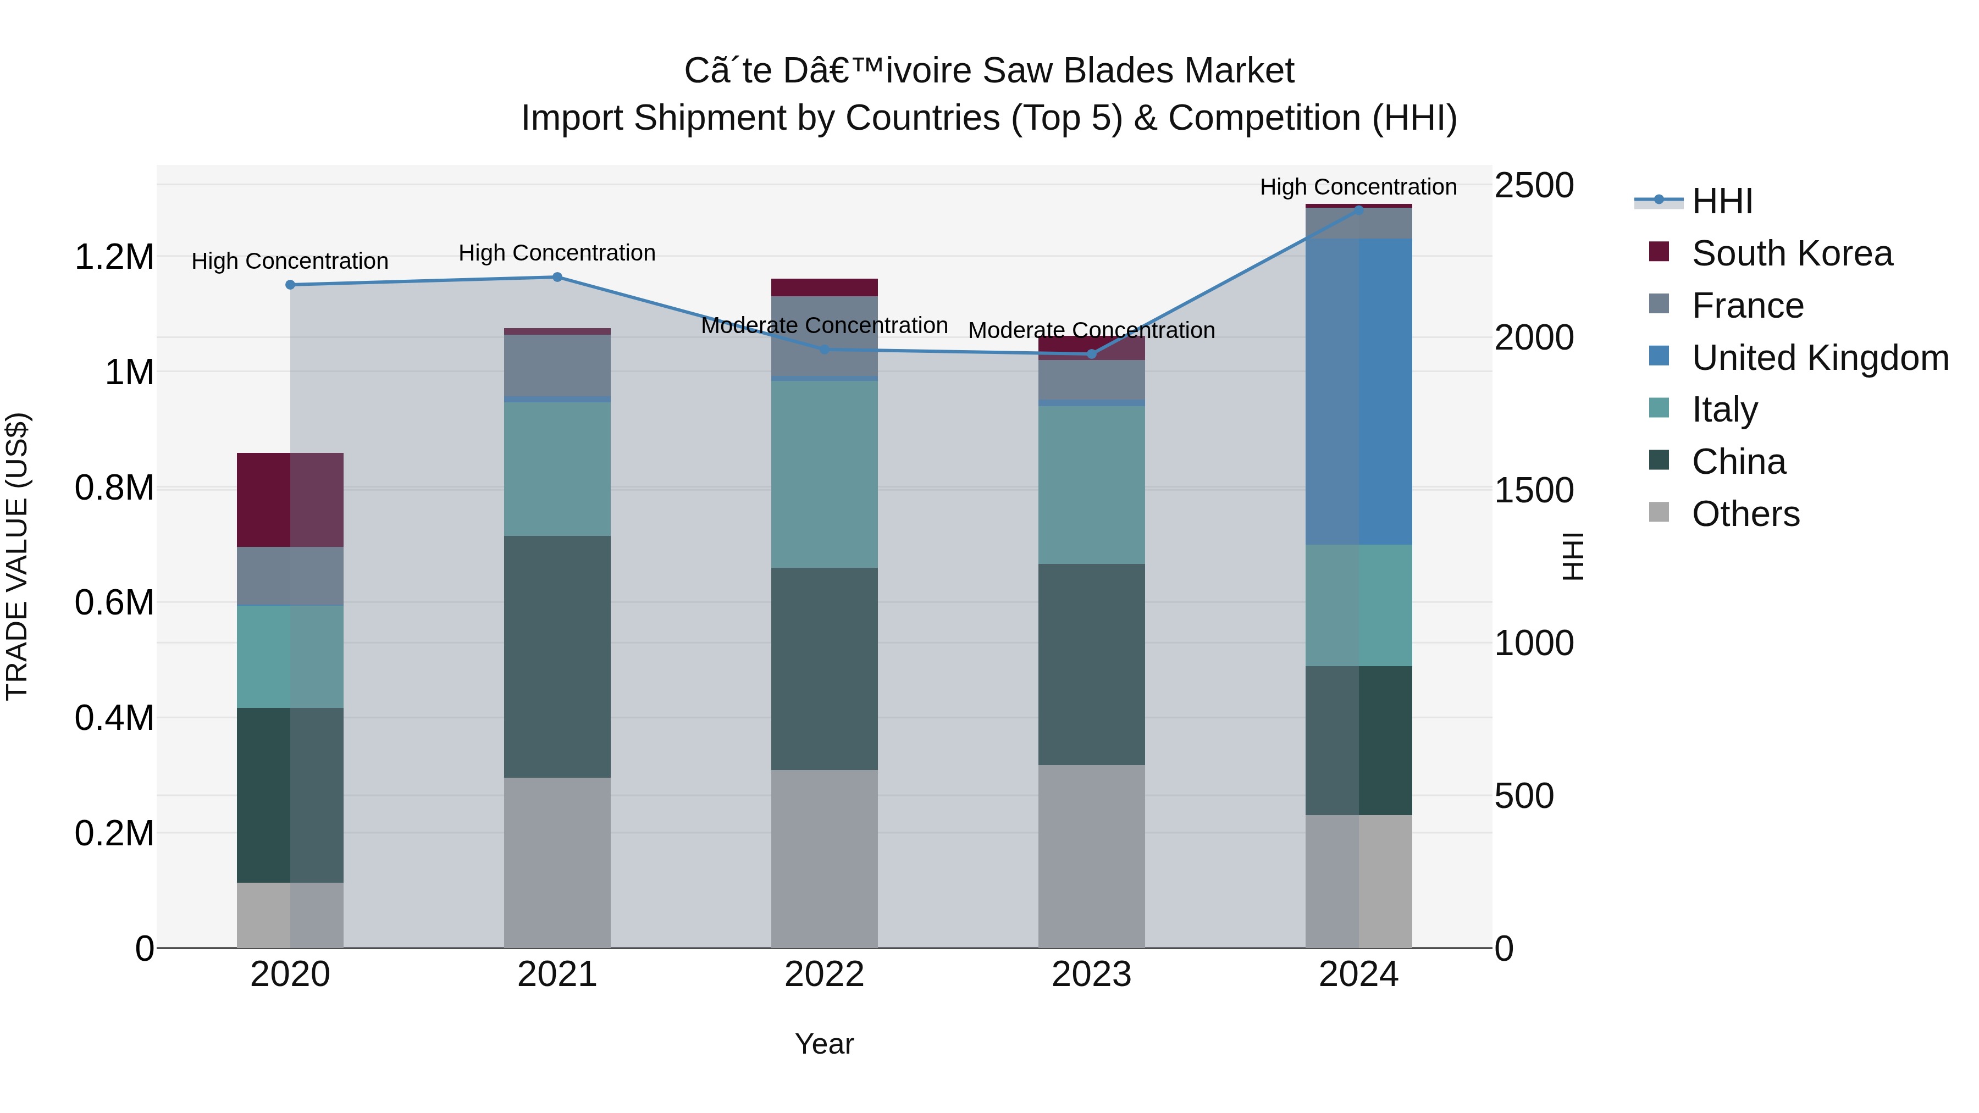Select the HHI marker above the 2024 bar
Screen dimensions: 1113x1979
click(x=1358, y=211)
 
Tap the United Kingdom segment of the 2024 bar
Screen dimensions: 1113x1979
click(x=1358, y=392)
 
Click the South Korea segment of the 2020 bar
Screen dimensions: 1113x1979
click(x=290, y=500)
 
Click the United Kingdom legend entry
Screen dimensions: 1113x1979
click(x=1819, y=358)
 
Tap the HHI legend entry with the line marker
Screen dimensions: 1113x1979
click(x=1721, y=201)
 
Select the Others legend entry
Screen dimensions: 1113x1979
click(x=1745, y=514)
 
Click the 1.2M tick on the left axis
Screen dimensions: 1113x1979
click(x=114, y=257)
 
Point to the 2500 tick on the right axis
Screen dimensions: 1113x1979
click(x=1533, y=186)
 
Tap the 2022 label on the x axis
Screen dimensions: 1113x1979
click(x=825, y=974)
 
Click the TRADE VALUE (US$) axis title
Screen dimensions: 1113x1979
click(x=17, y=556)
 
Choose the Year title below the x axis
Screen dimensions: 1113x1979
click(x=825, y=1044)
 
